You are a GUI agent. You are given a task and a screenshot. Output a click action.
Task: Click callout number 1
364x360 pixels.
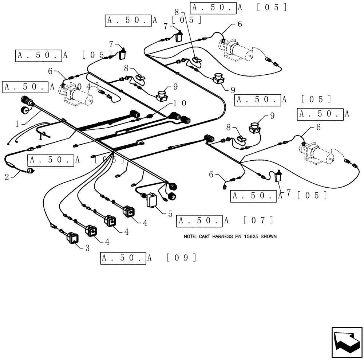click(17, 123)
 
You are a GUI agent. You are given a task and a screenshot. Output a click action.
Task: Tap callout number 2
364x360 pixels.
click(7, 177)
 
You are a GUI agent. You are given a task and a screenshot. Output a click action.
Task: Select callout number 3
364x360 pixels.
click(87, 248)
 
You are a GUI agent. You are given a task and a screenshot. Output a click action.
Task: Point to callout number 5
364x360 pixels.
click(170, 214)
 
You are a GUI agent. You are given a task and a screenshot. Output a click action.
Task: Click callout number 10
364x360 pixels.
click(180, 103)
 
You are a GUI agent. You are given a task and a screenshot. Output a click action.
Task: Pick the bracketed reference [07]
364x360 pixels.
click(258, 220)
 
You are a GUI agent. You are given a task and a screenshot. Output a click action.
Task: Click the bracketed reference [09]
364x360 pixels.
click(181, 258)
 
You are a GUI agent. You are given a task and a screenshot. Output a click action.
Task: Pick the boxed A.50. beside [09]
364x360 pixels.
click(123, 258)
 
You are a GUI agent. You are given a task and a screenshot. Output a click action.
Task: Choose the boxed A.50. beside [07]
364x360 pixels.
click(199, 220)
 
